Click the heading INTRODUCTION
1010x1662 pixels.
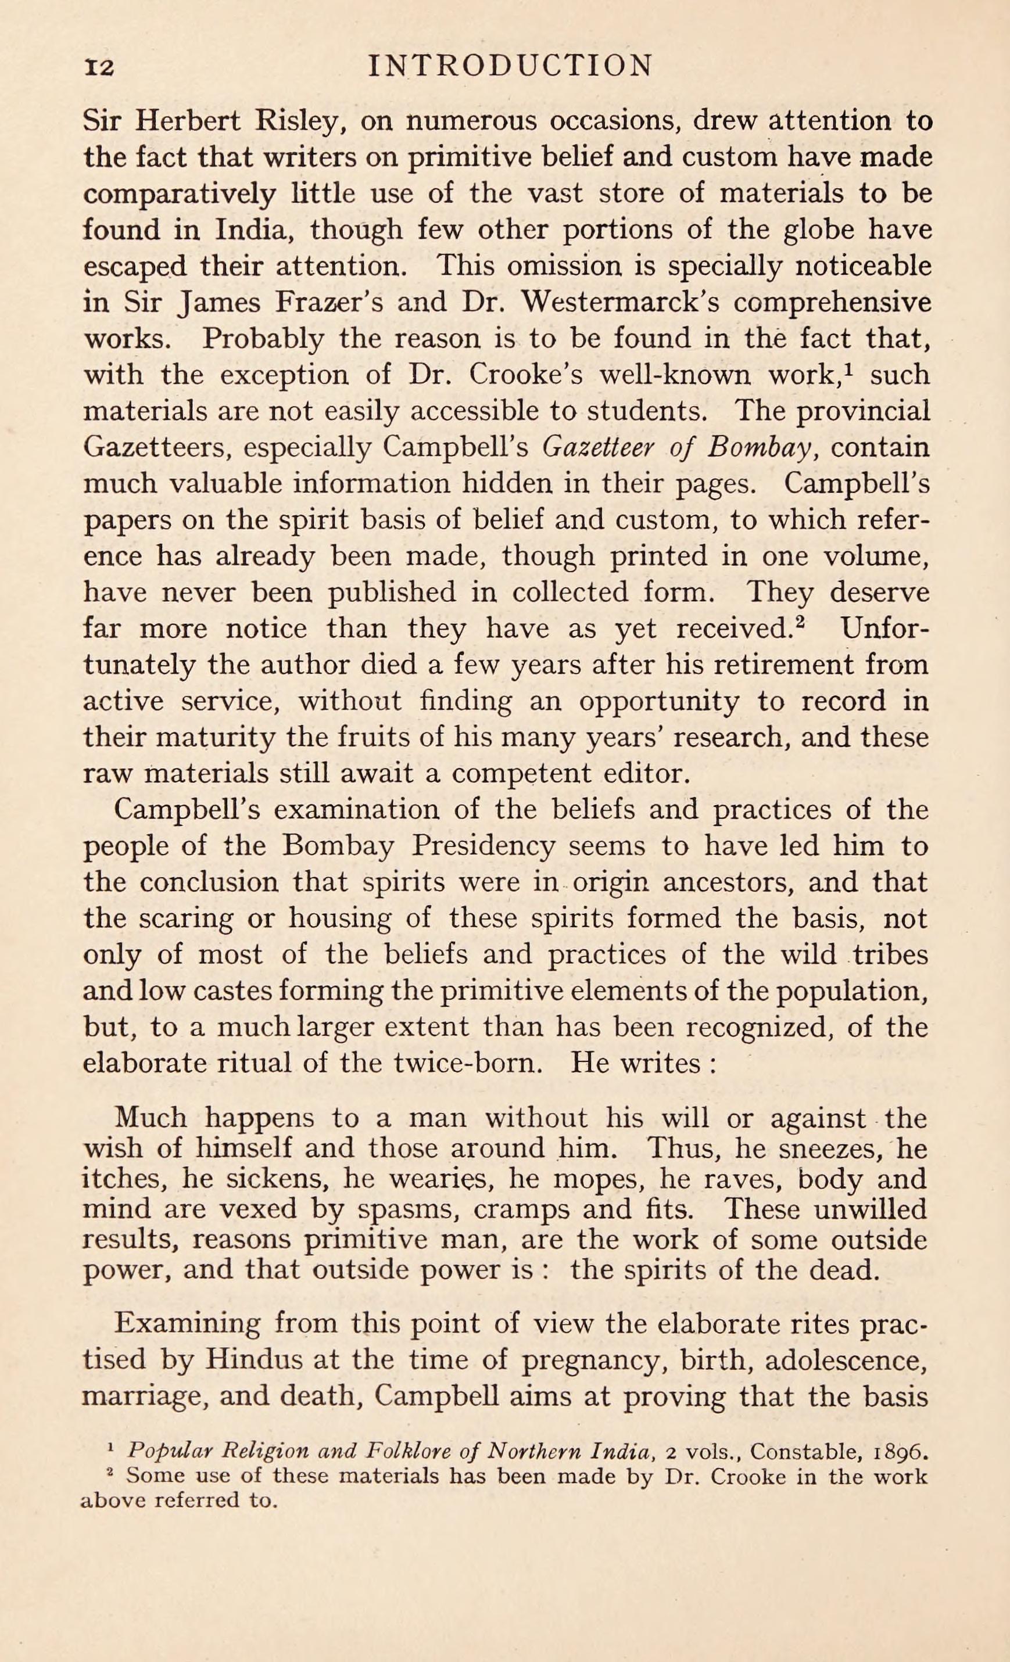coord(507,66)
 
